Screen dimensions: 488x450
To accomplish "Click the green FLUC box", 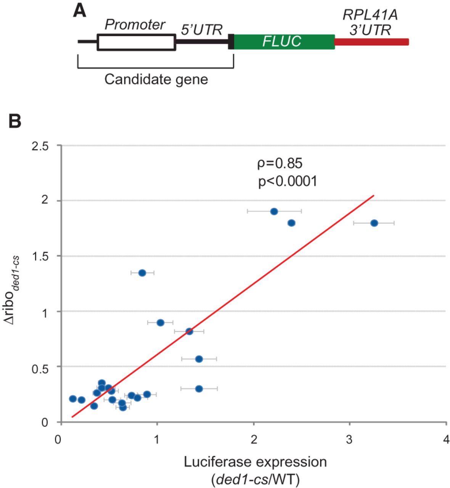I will pyautogui.click(x=284, y=42).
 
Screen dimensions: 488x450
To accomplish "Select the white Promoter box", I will pyautogui.click(x=136, y=42).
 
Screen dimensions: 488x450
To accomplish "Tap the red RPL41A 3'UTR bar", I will pyautogui.click(x=371, y=42).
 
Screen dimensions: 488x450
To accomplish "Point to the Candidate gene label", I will pyautogui.click(x=156, y=80).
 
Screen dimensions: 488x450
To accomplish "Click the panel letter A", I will pyautogui.click(x=79, y=11).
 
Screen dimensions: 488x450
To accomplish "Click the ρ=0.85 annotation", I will pyautogui.click(x=280, y=163).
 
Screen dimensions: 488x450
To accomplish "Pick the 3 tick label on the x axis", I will pyautogui.click(x=349, y=440).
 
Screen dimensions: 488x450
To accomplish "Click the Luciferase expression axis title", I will pyautogui.click(x=255, y=462).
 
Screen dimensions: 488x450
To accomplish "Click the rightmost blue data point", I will pyautogui.click(x=374, y=223).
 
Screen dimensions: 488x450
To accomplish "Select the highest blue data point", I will pyautogui.click(x=274, y=211).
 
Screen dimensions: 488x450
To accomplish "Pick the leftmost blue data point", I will pyautogui.click(x=73, y=399).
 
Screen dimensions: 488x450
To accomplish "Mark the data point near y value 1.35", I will pyautogui.click(x=142, y=273).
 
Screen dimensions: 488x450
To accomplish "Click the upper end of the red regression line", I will pyautogui.click(x=374, y=196).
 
